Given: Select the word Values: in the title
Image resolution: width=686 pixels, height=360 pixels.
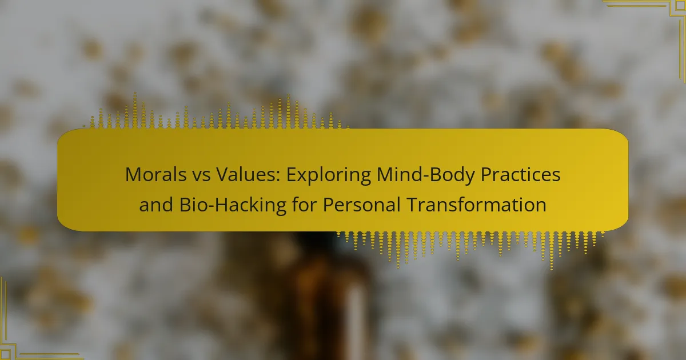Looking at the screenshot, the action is click(248, 174).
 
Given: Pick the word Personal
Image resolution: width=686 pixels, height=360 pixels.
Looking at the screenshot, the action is click(362, 205).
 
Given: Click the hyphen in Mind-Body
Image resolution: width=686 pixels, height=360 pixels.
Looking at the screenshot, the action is click(426, 177).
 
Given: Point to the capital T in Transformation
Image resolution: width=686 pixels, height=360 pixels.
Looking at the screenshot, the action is click(413, 205).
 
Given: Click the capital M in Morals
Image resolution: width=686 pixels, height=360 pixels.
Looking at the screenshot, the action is click(134, 175).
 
